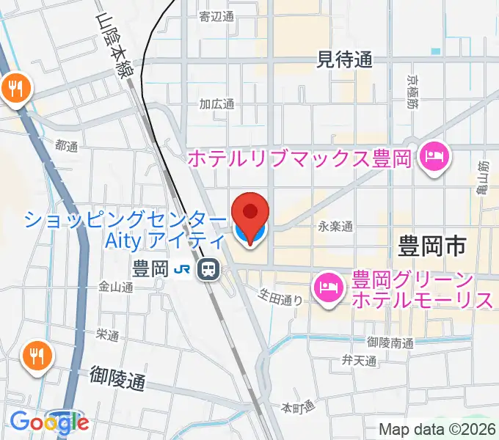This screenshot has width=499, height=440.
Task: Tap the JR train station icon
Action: point(209,270)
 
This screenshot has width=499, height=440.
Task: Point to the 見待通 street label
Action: point(344,59)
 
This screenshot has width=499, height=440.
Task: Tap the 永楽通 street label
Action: point(336,227)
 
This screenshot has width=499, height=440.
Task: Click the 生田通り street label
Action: point(280,296)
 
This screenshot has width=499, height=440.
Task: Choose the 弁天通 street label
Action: point(359,360)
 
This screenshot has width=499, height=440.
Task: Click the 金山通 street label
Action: point(115,287)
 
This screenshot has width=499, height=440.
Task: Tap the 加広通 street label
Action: point(216,104)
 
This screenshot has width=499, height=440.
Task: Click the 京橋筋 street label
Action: point(412,90)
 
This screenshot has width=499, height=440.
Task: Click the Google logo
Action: point(49,422)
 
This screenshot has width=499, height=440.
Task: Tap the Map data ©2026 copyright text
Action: point(437,430)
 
